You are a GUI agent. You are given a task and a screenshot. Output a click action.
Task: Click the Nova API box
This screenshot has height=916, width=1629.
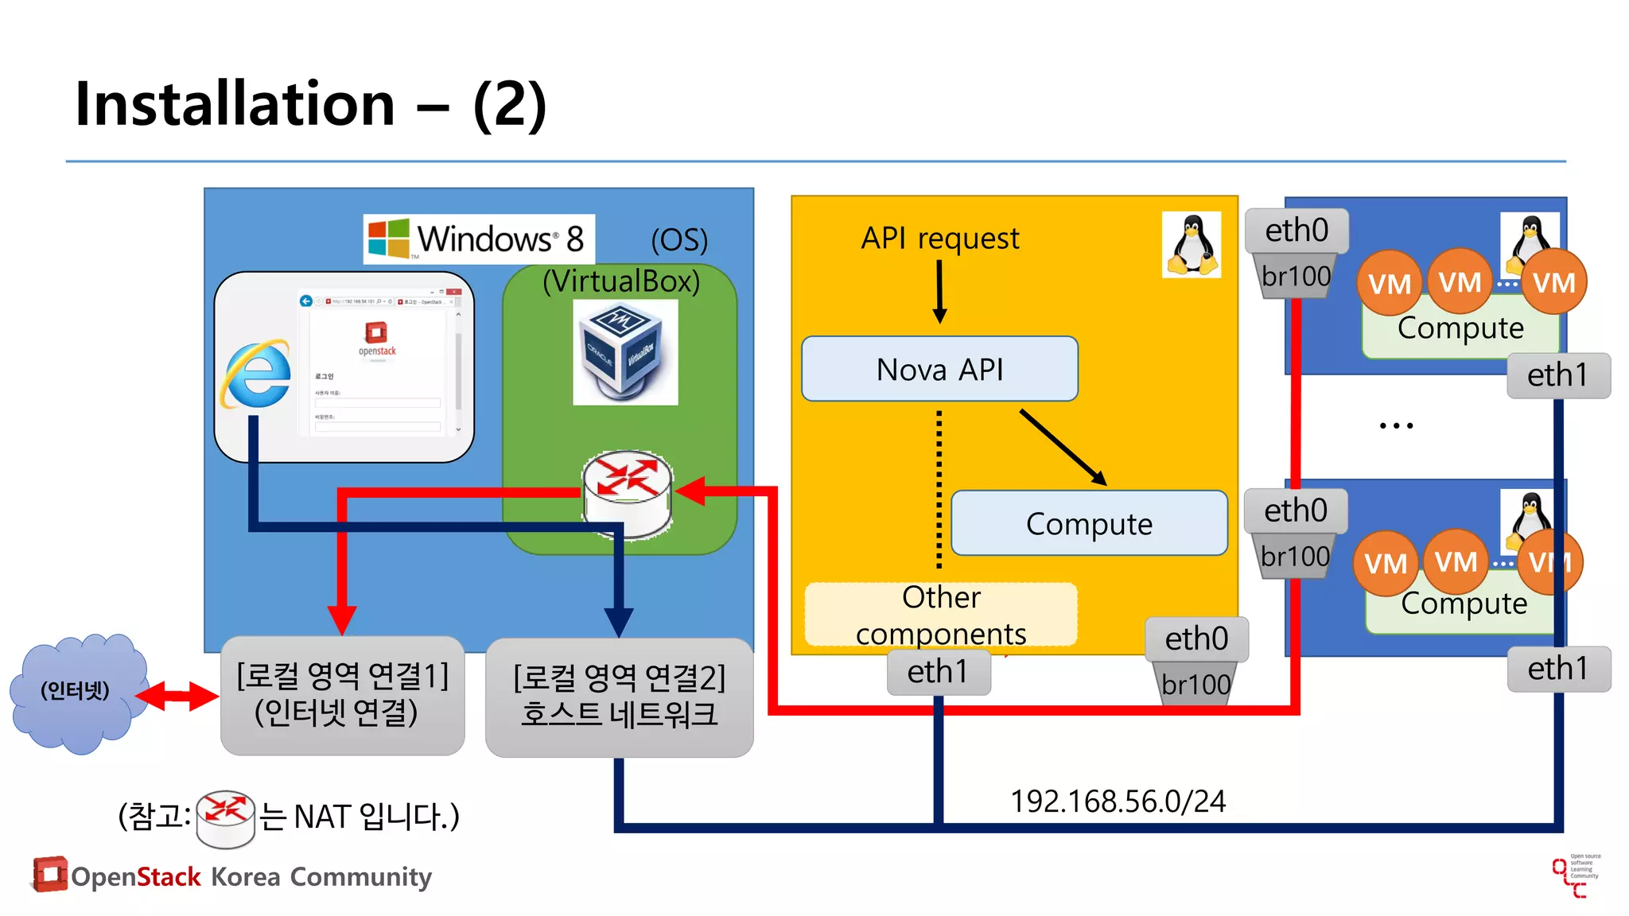[939, 369]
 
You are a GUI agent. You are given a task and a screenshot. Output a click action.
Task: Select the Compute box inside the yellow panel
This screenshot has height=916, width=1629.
[1088, 523]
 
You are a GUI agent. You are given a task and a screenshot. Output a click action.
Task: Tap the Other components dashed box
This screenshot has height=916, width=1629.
[941, 615]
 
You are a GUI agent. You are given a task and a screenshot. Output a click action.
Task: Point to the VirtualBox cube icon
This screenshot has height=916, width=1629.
[624, 351]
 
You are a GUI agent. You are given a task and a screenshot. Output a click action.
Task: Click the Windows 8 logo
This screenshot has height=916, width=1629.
[388, 238]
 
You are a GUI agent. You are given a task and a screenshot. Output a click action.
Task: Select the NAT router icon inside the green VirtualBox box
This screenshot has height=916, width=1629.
[628, 493]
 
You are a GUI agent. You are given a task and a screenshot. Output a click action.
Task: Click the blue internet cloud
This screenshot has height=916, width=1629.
[77, 692]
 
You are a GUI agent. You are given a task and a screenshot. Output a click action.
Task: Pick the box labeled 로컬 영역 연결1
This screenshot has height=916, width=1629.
[343, 695]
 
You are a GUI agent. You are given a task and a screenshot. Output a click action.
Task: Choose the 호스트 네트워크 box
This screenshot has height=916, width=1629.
[619, 697]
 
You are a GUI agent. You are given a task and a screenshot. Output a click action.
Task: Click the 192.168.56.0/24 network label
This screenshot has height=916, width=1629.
[1118, 801]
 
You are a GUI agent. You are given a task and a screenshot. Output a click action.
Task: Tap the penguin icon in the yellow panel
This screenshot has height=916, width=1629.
[1191, 245]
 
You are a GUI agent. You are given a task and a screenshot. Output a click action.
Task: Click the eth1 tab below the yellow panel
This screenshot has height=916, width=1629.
[938, 672]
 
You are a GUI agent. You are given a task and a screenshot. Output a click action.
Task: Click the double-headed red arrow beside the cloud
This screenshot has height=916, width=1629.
[177, 696]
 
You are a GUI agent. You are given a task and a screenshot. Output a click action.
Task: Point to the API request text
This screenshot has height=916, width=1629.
[939, 238]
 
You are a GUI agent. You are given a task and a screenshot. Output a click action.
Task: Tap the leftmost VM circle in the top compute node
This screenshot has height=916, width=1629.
[1389, 283]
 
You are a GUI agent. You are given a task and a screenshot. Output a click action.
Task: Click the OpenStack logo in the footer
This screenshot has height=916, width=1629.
[49, 874]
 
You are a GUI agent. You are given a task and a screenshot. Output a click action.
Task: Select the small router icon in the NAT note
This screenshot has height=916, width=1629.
[225, 817]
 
